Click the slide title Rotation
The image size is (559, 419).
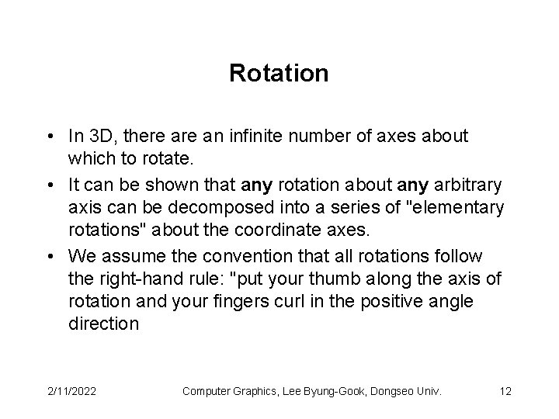(x=279, y=74)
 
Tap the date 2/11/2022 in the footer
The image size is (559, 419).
(x=72, y=392)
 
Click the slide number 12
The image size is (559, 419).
(x=505, y=392)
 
